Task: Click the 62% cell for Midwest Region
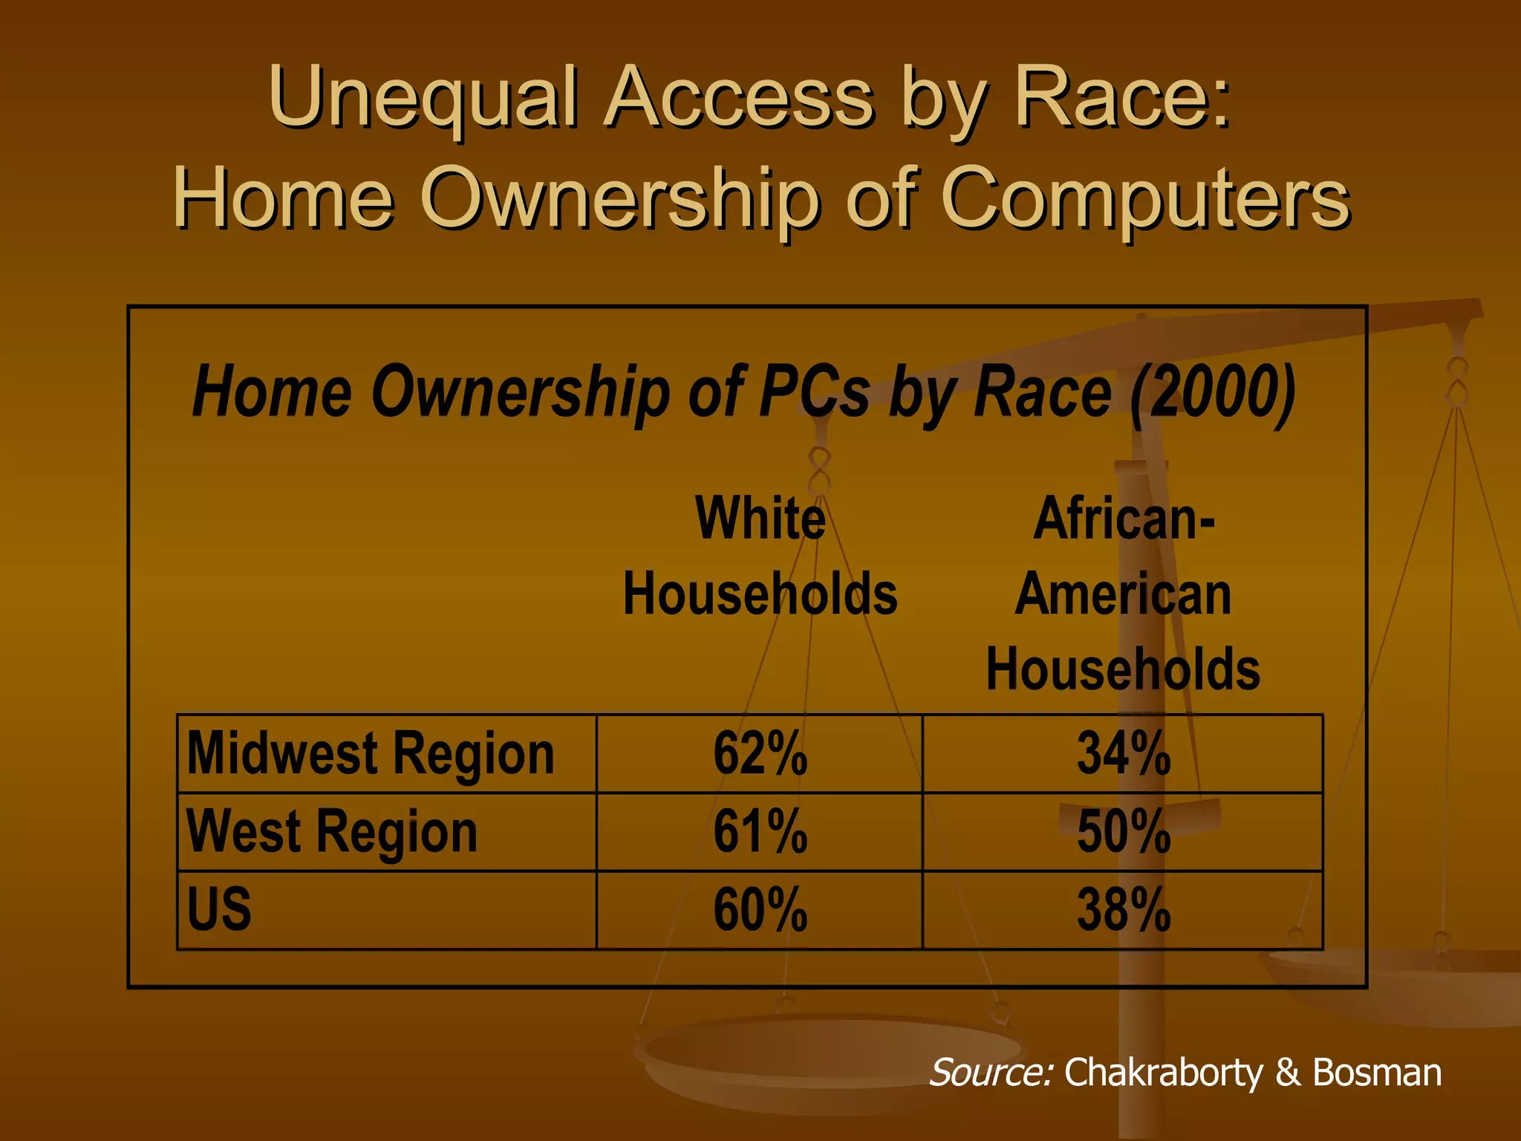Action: [x=760, y=753]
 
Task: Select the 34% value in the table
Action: [x=1123, y=753]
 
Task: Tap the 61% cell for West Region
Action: [x=760, y=831]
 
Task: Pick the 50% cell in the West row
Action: [x=1123, y=831]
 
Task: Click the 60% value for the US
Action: [x=760, y=909]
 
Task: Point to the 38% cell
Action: [x=1123, y=909]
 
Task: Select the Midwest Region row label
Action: [x=371, y=753]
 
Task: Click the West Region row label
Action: [x=331, y=831]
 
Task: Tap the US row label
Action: [x=219, y=909]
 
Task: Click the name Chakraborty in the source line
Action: [x=1163, y=1072]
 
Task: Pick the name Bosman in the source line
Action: [x=1377, y=1072]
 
